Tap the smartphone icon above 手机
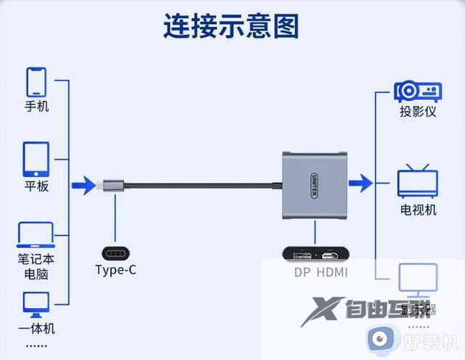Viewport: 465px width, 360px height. click(36, 82)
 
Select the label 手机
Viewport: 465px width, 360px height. click(36, 106)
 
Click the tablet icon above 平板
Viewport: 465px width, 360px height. click(36, 160)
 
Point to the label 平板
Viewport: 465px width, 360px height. click(36, 186)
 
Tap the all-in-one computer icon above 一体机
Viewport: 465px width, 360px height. click(36, 303)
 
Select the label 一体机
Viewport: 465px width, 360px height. click(36, 328)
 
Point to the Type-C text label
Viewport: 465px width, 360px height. click(116, 271)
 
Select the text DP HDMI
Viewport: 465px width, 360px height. click(320, 273)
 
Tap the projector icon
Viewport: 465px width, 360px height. click(418, 92)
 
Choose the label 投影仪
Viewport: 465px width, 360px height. click(418, 112)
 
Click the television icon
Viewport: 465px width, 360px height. click(418, 182)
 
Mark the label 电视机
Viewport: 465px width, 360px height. click(418, 210)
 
